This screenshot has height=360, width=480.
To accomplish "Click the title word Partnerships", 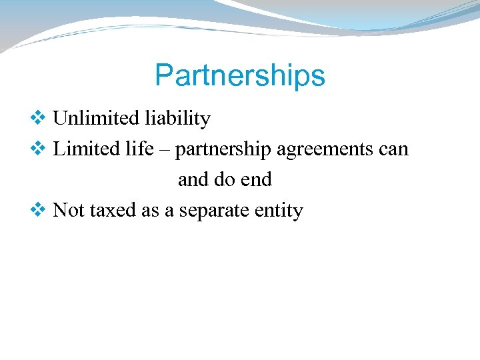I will click(240, 76).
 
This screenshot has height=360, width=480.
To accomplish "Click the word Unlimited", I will click(87, 119).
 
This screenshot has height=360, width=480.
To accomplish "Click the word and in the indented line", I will click(193, 180).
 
